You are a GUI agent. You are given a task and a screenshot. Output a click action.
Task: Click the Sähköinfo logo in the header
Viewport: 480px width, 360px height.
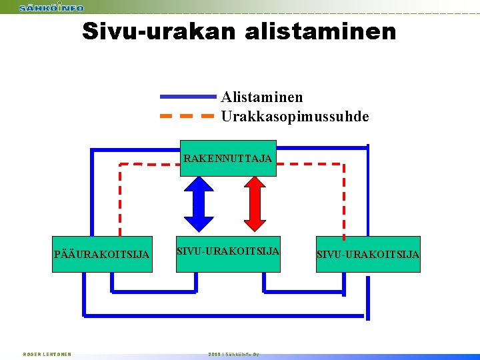coord(51,7)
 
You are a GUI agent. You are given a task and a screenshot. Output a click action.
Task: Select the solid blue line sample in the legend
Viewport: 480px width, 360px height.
coord(188,97)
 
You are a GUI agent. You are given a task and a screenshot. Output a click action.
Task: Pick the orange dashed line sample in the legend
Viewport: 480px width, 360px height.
coord(188,116)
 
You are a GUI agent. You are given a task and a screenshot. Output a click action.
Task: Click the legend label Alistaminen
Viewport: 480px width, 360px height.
coord(262,97)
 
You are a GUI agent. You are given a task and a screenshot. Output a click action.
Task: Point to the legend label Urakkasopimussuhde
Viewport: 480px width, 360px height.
coord(295,117)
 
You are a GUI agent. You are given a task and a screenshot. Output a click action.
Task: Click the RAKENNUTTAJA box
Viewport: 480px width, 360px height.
coord(228,159)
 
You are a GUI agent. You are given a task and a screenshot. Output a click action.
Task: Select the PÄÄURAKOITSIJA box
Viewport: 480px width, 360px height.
coord(102,254)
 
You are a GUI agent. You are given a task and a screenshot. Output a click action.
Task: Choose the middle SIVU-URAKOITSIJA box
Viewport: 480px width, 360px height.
coord(228,253)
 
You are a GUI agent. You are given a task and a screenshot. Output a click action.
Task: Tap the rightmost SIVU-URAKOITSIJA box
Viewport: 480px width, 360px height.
coord(368,254)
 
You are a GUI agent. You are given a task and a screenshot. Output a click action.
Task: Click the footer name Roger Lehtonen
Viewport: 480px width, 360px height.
coord(47,354)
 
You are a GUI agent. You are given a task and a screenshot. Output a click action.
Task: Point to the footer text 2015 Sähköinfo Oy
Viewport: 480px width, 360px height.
coord(233,354)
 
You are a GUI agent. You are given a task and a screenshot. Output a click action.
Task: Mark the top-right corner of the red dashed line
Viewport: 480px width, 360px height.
coord(343,163)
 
